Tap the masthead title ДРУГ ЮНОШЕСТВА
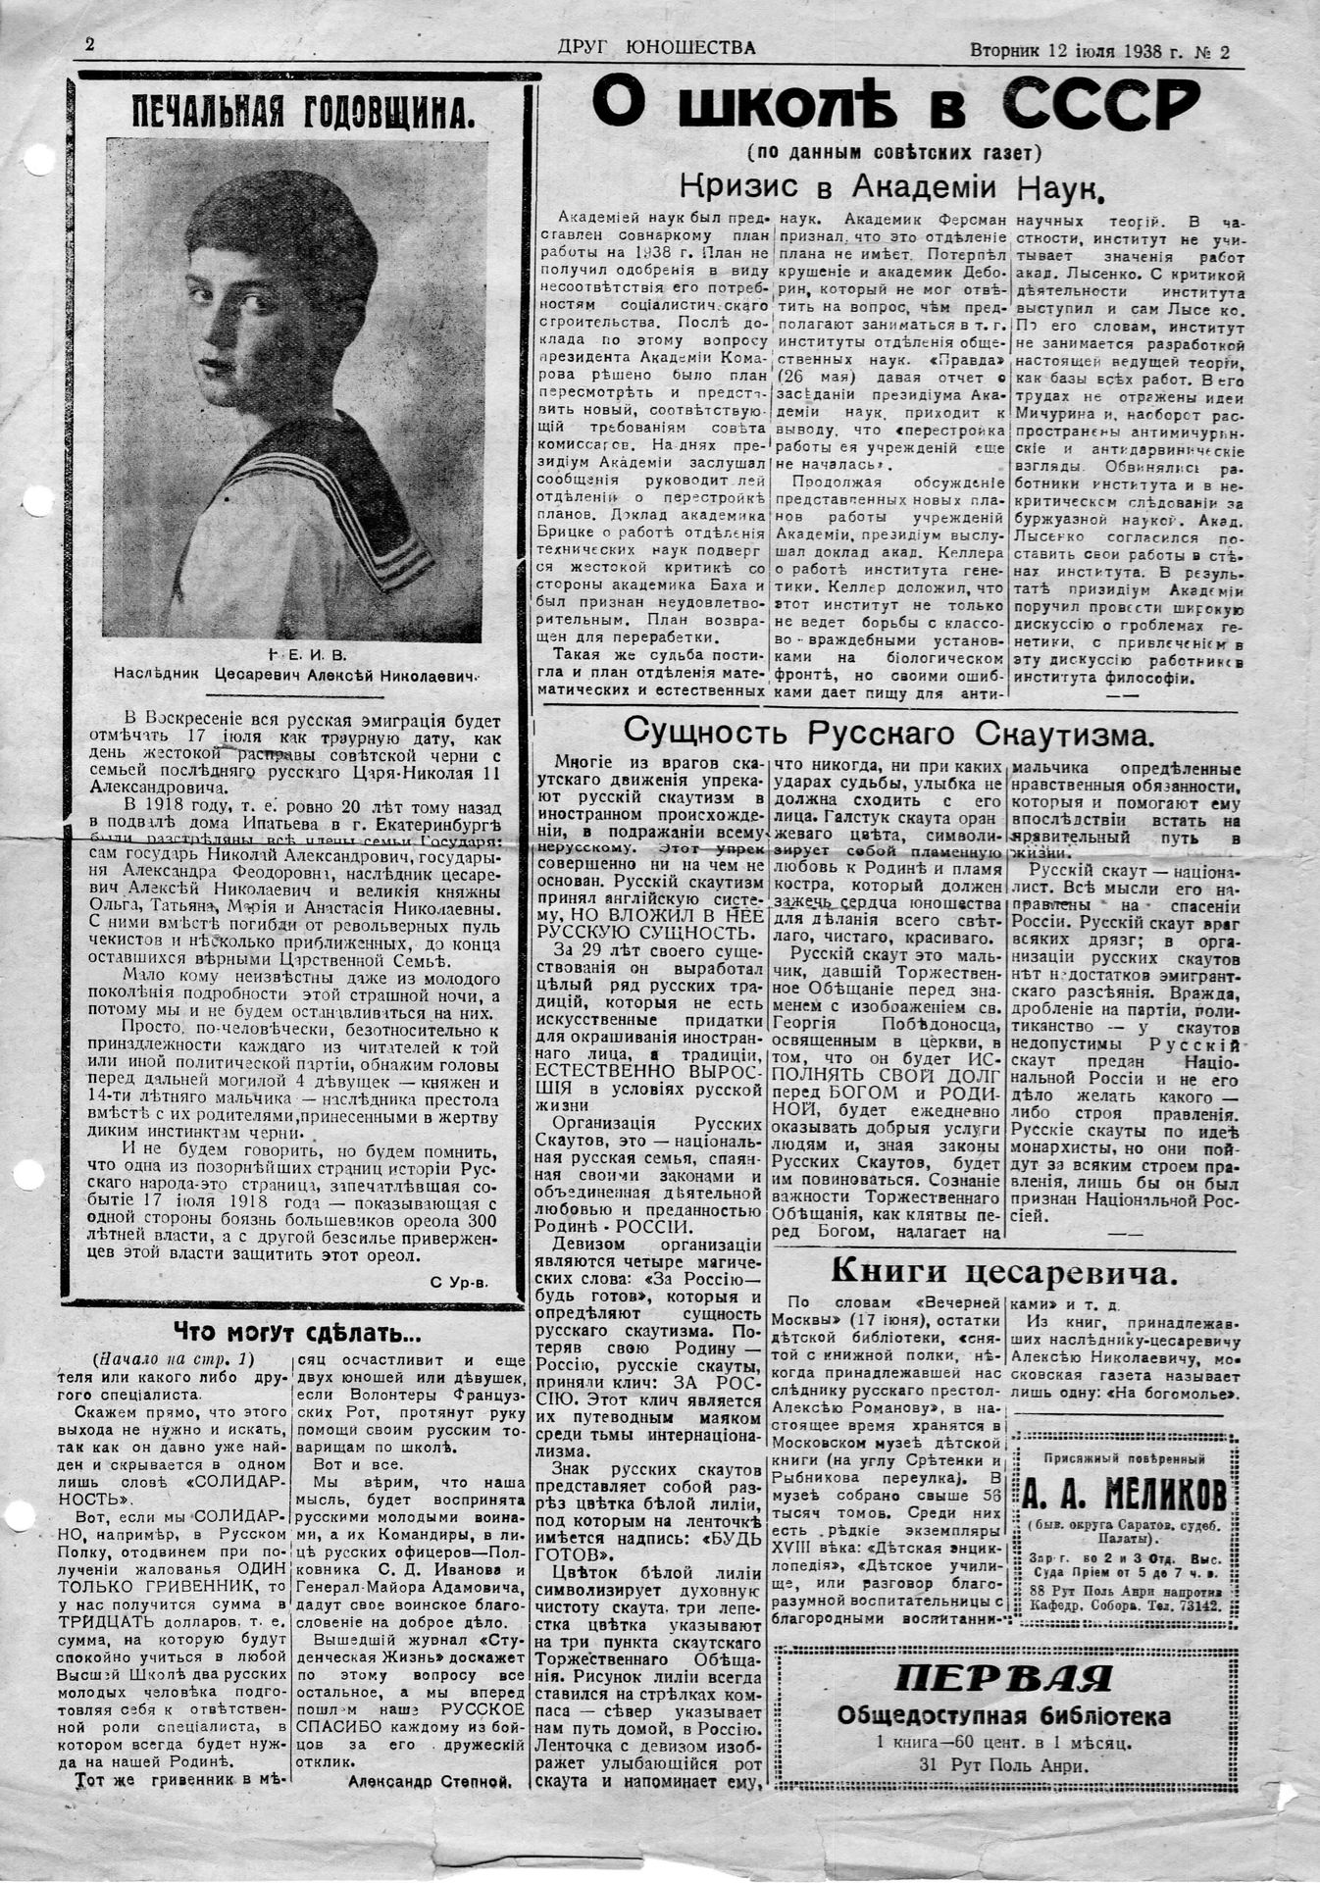click(x=656, y=46)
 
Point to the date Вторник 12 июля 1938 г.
click(x=1073, y=51)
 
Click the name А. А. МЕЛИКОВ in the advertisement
click(x=1124, y=1495)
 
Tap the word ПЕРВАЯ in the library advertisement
click(x=1003, y=1679)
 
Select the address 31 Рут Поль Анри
click(x=1003, y=1763)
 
